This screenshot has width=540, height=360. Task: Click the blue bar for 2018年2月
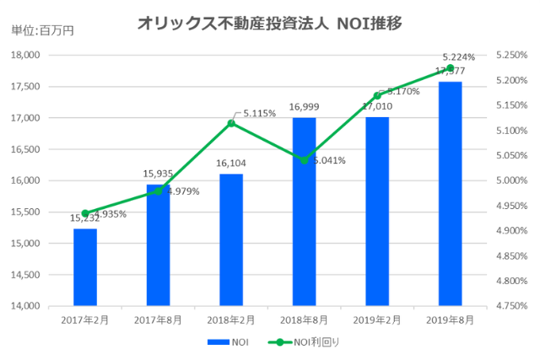231,239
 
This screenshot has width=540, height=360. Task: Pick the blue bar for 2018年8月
304,211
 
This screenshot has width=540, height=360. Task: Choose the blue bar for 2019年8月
450,193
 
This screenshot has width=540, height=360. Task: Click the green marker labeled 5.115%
231,123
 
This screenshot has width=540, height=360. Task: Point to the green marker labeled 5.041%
304,159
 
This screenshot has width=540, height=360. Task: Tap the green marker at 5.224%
450,68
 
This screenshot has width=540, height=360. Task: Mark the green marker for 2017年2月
85,213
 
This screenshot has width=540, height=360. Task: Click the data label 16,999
304,106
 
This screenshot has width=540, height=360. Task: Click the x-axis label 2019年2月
376,320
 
